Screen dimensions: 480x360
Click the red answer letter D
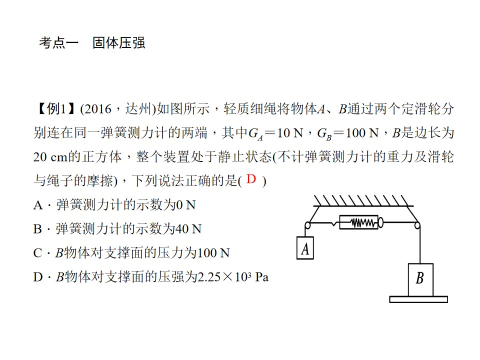tap(251, 179)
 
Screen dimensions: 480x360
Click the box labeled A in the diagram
tap(305, 248)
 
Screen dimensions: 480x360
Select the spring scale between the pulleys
tap(361, 222)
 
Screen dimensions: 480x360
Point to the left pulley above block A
tap(307, 225)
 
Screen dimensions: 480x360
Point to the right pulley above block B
tap(417, 225)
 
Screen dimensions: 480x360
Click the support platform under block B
tap(418, 299)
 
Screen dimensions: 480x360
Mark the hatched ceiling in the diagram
tap(363, 201)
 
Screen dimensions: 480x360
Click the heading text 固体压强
tap(119, 43)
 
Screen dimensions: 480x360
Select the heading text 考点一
tap(58, 43)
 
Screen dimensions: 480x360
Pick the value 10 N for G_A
tap(290, 133)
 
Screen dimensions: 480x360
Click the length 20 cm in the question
tap(50, 157)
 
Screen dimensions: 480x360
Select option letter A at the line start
tap(38, 205)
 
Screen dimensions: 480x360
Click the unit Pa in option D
tap(262, 277)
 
